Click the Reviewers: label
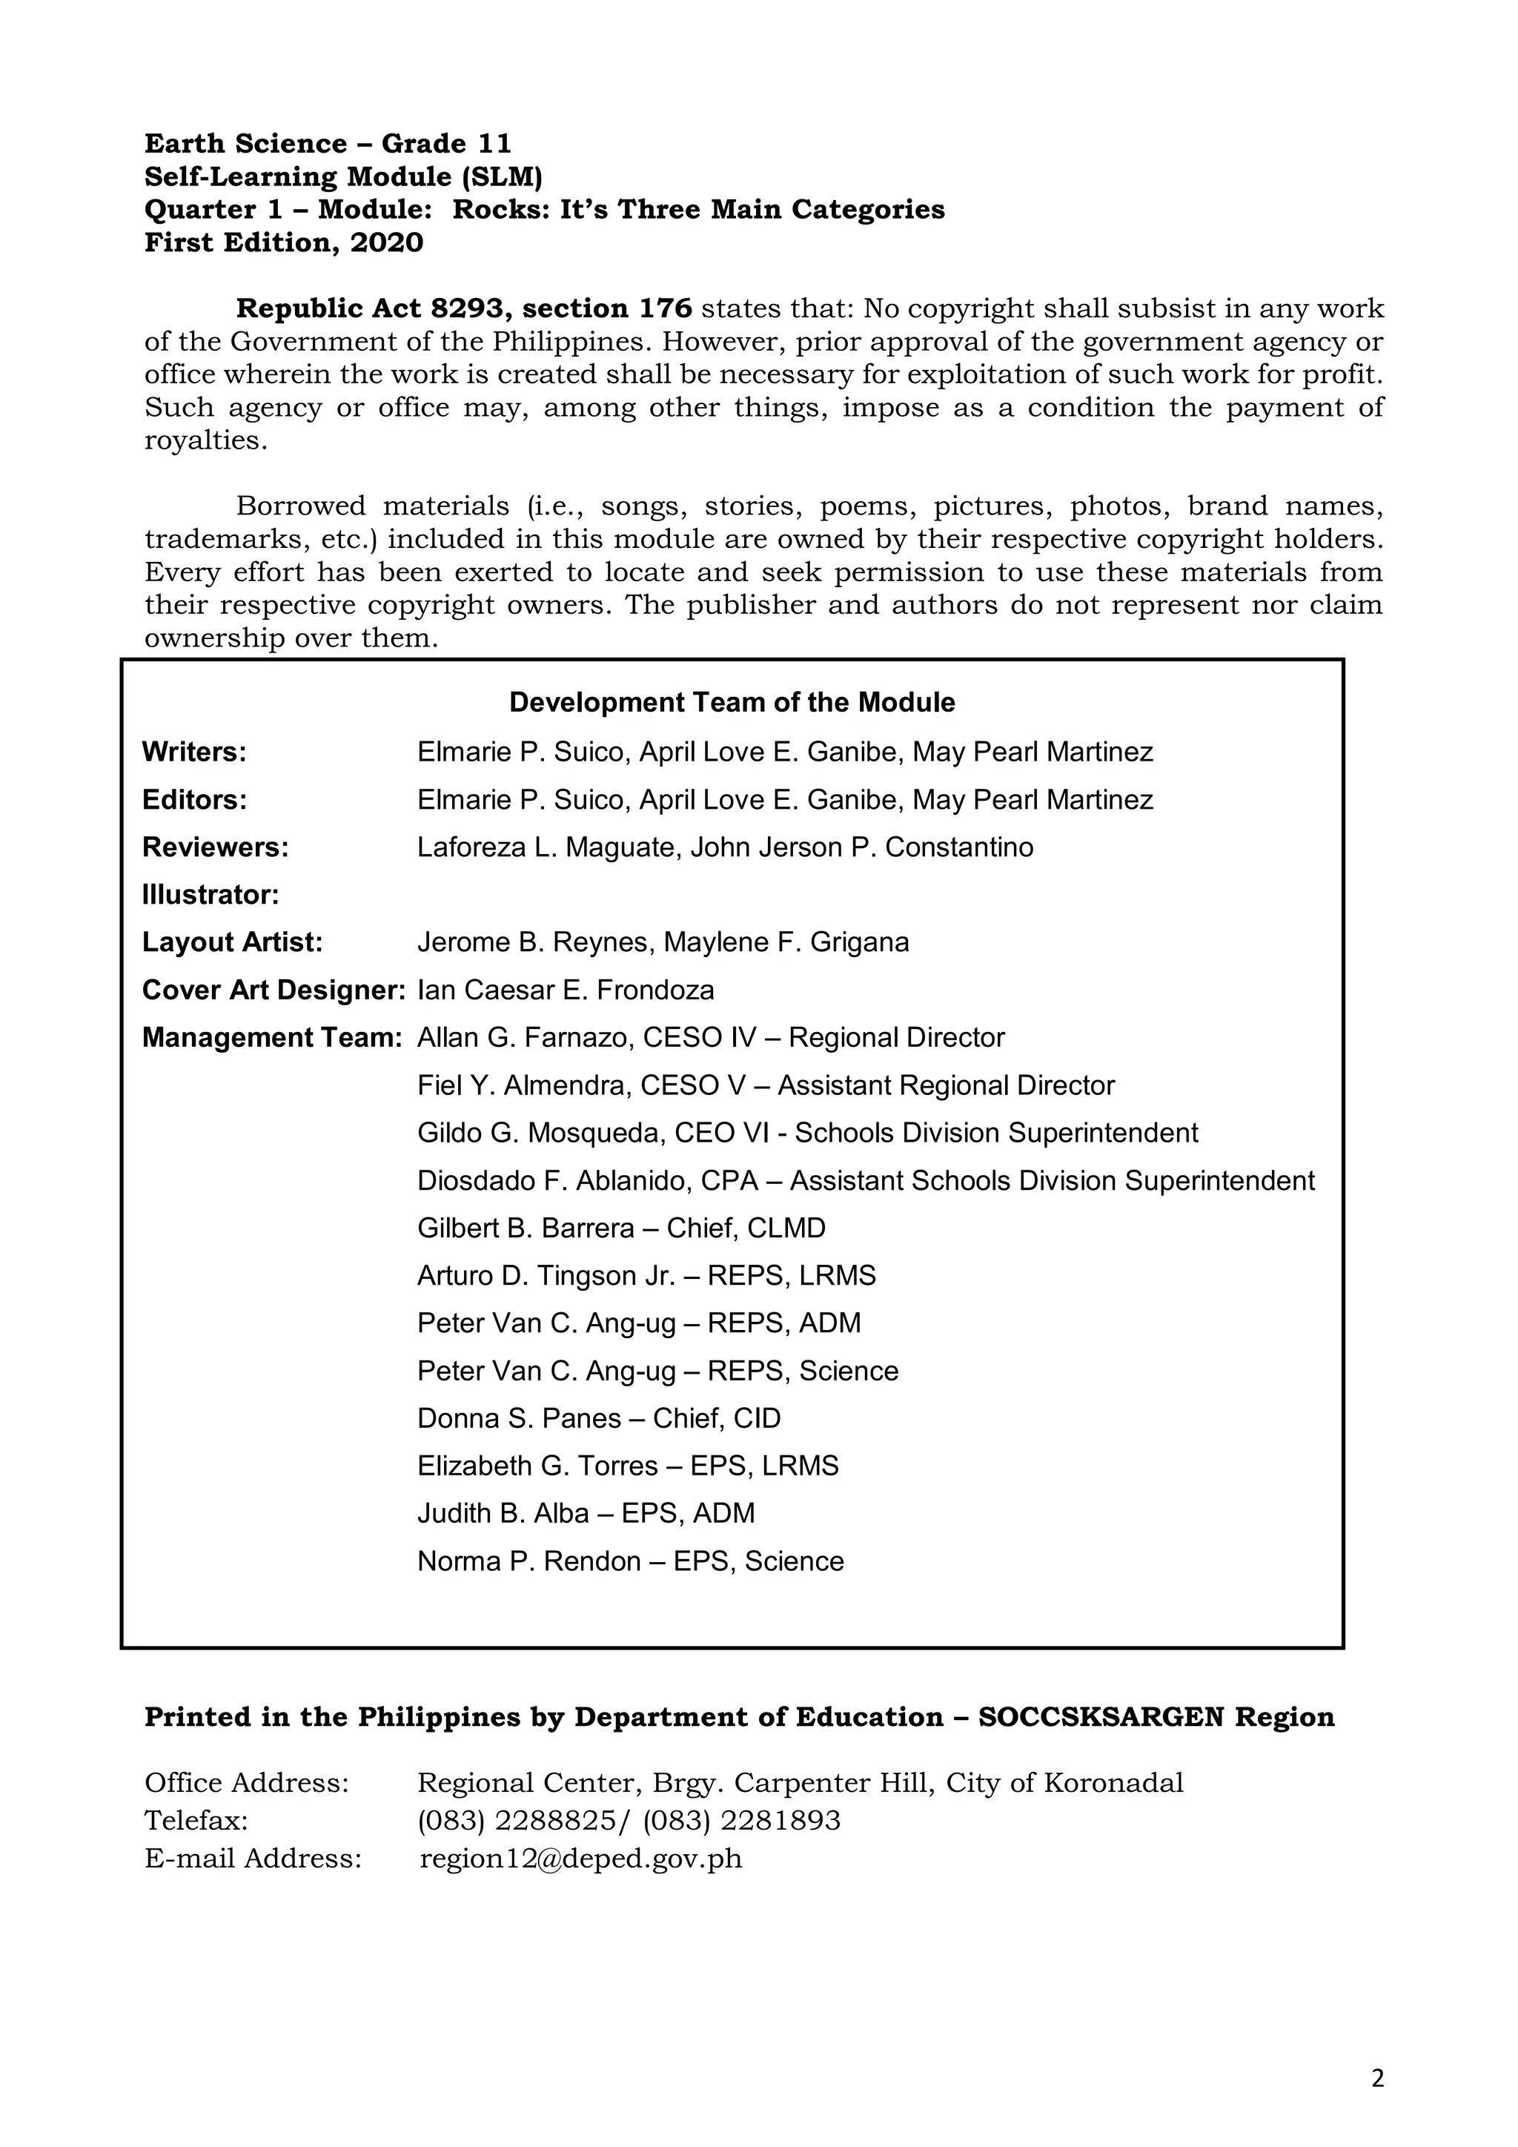[215, 847]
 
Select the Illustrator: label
[211, 895]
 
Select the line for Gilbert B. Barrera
[620, 1228]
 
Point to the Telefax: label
[196, 1821]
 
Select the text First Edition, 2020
[283, 243]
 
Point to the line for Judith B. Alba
[585, 1513]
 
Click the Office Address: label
[247, 1783]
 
